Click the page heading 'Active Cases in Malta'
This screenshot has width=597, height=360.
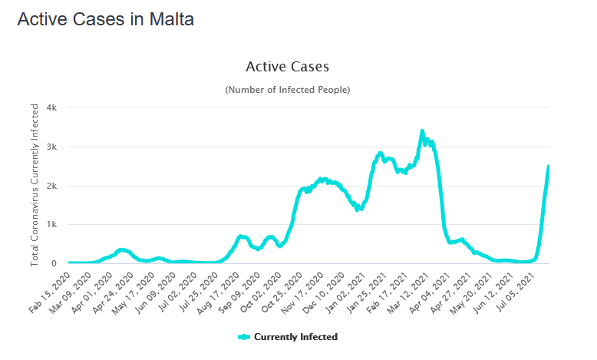(105, 20)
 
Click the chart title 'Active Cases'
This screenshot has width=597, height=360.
(287, 67)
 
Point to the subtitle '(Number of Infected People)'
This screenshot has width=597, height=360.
(287, 90)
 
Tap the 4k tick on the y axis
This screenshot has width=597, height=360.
(52, 107)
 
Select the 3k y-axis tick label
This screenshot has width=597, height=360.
(52, 147)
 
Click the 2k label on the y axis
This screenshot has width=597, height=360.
(52, 186)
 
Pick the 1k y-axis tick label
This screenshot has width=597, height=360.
(52, 225)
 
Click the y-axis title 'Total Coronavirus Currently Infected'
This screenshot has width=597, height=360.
(35, 186)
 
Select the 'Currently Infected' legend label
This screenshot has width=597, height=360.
(295, 337)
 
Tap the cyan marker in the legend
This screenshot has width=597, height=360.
(244, 337)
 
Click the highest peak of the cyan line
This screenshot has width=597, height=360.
(422, 131)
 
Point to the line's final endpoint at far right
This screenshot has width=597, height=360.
(549, 167)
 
